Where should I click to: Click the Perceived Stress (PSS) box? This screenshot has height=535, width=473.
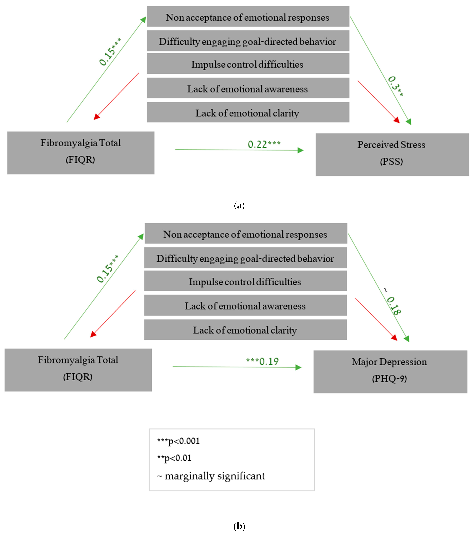[392, 154]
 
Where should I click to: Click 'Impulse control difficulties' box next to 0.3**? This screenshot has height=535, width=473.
[248, 64]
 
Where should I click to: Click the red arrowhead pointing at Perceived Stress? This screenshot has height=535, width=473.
[397, 120]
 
